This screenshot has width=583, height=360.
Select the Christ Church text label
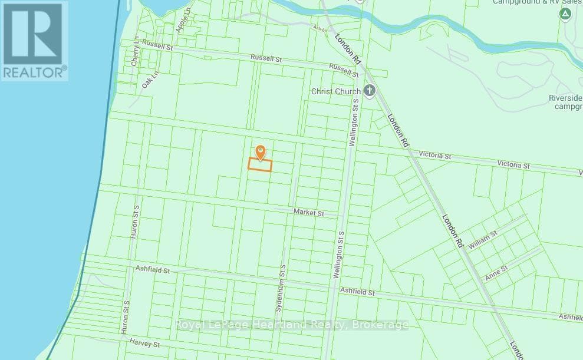tap(335, 91)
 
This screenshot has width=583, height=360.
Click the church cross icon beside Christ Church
tap(369, 91)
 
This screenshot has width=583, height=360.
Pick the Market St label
tap(308, 212)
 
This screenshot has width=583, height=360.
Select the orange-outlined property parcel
tap(259, 166)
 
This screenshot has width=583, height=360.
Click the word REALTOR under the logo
tap(33, 72)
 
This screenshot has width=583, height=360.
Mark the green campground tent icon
tap(565, 13)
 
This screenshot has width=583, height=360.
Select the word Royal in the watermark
tap(190, 324)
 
